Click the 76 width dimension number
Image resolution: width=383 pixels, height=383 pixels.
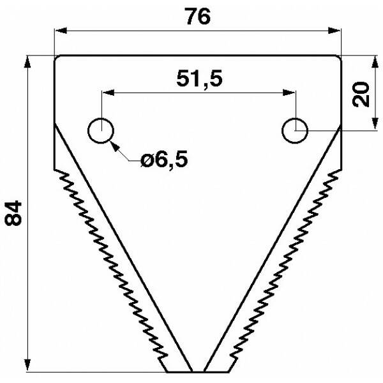197,17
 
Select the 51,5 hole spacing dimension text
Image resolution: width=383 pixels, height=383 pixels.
199,79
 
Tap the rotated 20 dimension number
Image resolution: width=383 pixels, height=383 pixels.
361,94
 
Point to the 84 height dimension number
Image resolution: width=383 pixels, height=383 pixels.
13,213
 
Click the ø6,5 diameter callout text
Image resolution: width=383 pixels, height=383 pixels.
165,159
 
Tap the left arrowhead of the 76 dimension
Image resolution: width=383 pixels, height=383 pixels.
61,31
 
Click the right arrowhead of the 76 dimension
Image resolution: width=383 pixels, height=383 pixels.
334,31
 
